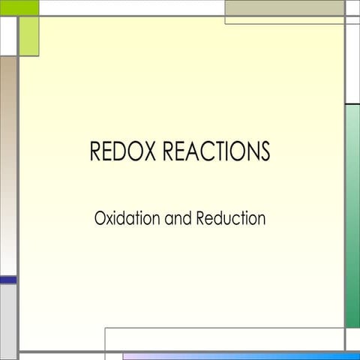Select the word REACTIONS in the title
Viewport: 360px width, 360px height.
(217, 151)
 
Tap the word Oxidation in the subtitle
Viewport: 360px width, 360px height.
(124, 219)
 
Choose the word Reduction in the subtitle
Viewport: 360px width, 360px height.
(231, 219)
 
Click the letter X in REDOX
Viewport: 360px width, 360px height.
(150, 151)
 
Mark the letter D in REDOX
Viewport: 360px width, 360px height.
(121, 151)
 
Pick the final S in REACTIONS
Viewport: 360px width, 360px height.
(264, 151)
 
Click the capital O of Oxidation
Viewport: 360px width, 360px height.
(100, 219)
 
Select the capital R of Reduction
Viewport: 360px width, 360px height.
(201, 219)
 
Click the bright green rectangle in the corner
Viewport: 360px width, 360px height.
(19, 7)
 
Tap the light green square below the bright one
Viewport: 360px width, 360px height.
(28, 36)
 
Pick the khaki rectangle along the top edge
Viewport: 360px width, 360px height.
(284, 7)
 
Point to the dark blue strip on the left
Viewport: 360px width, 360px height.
(7, 280)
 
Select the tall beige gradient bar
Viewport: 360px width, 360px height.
(7, 165)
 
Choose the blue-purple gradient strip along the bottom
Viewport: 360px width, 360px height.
(240, 356)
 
